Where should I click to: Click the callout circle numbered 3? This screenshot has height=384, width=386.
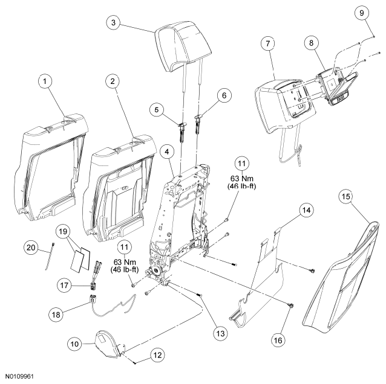point(113,22)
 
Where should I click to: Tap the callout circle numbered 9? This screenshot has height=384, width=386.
point(362,13)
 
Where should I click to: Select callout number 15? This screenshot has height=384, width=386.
point(346,197)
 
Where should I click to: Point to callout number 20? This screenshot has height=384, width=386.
point(31,248)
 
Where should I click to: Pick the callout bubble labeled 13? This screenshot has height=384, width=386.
point(221,333)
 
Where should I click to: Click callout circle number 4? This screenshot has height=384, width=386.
point(167,152)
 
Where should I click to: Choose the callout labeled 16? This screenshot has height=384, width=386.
point(278,341)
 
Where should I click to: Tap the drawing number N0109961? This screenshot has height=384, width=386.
point(20,376)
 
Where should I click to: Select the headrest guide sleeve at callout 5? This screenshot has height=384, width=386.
point(183,132)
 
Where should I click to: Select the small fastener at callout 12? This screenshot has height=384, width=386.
point(135,363)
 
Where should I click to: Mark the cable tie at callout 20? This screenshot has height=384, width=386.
point(50,256)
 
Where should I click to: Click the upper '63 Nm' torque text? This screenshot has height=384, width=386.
point(242,178)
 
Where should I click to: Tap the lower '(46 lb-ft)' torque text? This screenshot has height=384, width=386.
point(124,269)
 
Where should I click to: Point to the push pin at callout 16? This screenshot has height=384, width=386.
point(291,306)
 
